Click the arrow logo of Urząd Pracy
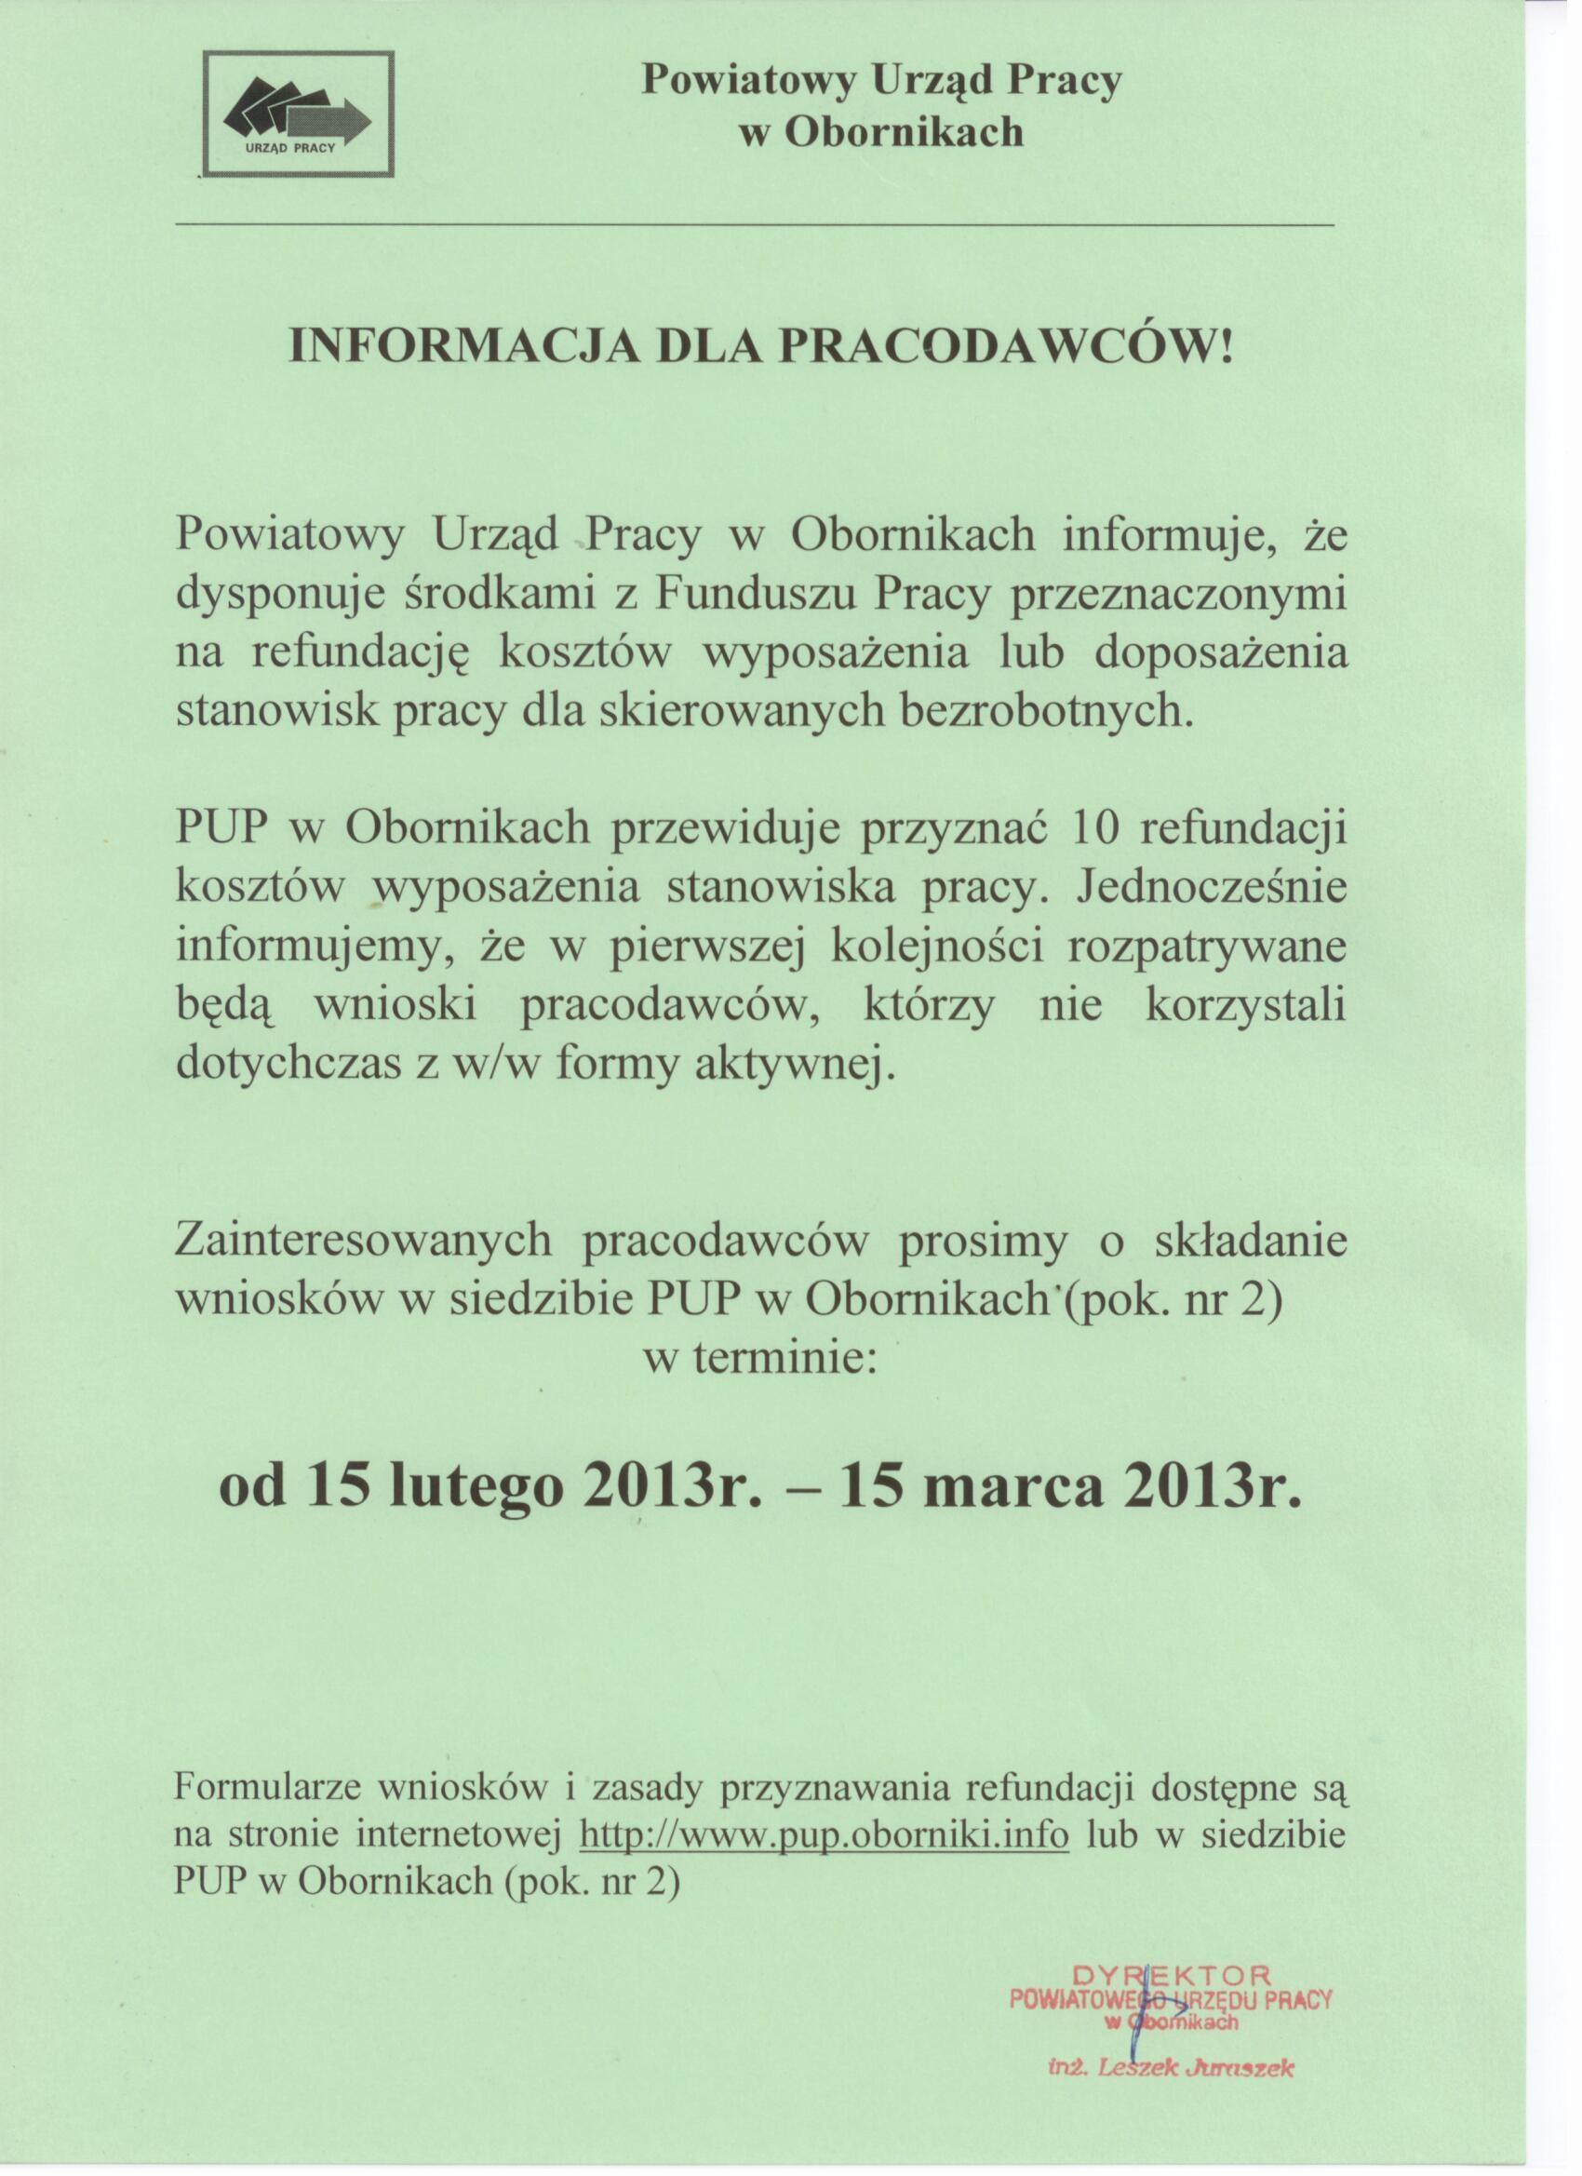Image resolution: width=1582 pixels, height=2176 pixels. tap(297, 111)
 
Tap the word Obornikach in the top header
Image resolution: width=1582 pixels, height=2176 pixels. tap(905, 132)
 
